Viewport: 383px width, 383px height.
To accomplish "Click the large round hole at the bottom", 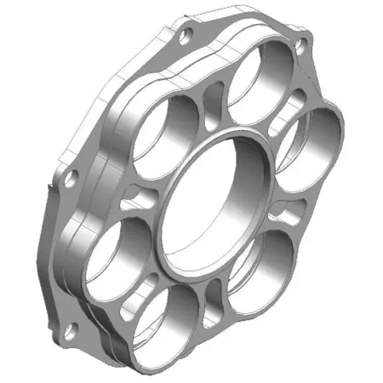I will (175, 319).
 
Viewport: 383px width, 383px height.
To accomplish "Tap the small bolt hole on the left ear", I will (71, 179).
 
